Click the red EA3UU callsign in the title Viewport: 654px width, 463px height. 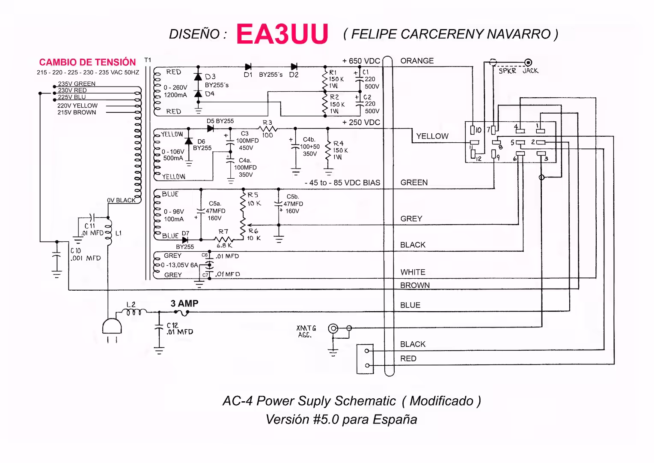click(282, 34)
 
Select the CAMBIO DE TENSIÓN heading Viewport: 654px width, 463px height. click(87, 62)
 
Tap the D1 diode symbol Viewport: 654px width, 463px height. click(248, 66)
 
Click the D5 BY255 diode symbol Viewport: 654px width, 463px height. click(210, 128)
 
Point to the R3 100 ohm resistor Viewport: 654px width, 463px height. click(268, 128)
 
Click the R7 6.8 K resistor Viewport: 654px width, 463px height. click(223, 240)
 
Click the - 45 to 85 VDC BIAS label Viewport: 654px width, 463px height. click(342, 183)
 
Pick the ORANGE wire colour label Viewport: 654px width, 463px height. click(417, 61)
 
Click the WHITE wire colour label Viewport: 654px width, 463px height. click(413, 272)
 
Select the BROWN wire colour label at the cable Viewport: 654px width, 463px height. click(415, 285)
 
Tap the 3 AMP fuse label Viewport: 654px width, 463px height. click(184, 304)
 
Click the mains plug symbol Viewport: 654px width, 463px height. click(112, 328)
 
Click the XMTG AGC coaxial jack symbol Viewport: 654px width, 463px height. click(333, 329)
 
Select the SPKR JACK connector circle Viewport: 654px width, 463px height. click(529, 63)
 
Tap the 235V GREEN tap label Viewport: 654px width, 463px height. click(77, 84)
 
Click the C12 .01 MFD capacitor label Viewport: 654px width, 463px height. click(179, 329)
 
